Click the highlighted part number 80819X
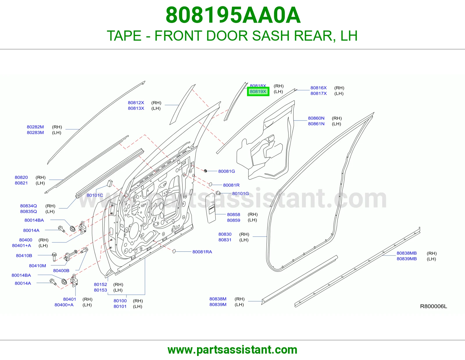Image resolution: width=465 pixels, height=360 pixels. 258,91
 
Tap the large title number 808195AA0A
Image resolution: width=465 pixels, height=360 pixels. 233,15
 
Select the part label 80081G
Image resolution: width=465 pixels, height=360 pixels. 226,171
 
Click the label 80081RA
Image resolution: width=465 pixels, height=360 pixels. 202,252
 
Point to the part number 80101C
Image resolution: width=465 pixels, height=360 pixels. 95,195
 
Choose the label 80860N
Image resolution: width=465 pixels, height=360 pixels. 316,118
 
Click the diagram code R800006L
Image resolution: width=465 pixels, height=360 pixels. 434,306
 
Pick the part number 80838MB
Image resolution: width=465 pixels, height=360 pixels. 407,253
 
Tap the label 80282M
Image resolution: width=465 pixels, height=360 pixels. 35,127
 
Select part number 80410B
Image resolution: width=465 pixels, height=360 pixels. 24,255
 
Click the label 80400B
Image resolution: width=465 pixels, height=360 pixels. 61,270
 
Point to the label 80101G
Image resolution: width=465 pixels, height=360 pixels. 241,193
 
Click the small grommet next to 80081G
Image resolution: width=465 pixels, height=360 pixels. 205,171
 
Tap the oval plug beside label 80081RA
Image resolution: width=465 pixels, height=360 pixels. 174,251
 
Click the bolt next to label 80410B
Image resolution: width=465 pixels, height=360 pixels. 54,257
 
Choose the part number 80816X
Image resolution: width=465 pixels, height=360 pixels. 319,88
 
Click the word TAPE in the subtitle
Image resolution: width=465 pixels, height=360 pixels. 124,36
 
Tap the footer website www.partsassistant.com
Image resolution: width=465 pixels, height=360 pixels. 233,350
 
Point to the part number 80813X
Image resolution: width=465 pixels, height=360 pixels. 136,108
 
